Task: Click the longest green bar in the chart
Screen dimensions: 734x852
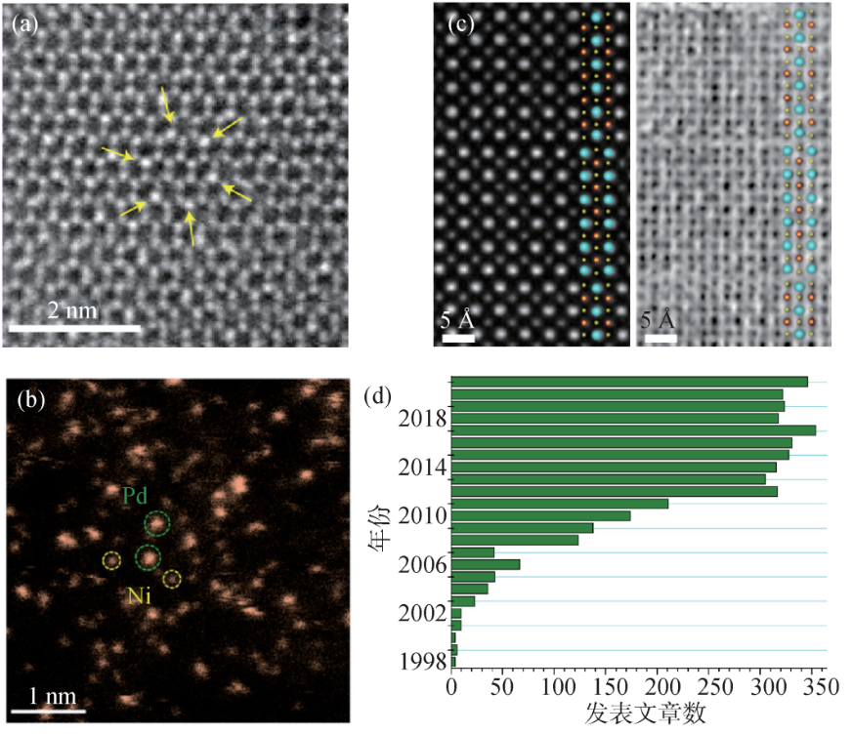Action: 633,430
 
